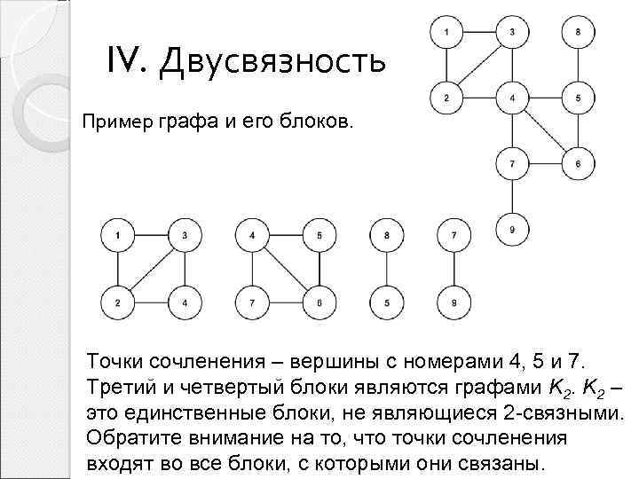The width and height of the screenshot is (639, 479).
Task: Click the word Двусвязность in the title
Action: pos(272,61)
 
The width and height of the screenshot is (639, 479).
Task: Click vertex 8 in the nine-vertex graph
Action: pos(579,33)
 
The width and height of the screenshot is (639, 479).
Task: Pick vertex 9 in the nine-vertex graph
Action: pos(512,232)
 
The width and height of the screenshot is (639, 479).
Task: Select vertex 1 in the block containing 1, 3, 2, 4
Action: pos(119,236)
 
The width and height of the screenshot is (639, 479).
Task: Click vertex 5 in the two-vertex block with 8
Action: pos(386,302)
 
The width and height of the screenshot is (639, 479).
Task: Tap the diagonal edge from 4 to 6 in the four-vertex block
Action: pos(286,270)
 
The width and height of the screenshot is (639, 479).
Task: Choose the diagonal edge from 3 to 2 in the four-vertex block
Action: pos(152,270)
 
